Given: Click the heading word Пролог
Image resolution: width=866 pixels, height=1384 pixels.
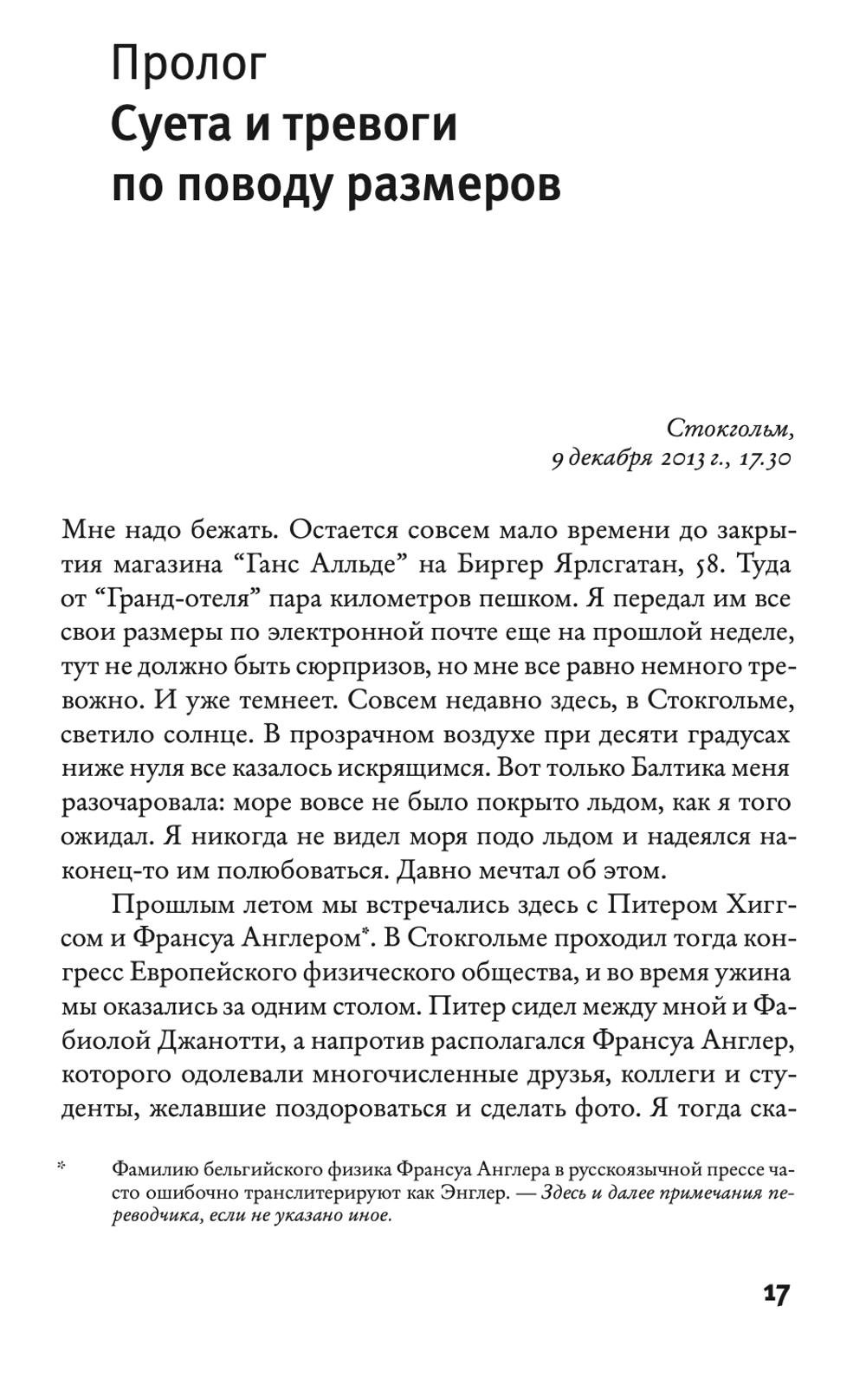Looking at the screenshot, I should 188,66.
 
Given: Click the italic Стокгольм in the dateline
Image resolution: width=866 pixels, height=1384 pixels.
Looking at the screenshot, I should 729,427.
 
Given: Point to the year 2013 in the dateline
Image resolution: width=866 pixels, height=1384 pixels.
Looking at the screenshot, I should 677,459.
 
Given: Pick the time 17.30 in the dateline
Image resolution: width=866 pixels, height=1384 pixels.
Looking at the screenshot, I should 764,459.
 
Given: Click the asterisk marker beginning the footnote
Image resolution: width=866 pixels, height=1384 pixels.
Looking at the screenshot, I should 62,1169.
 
